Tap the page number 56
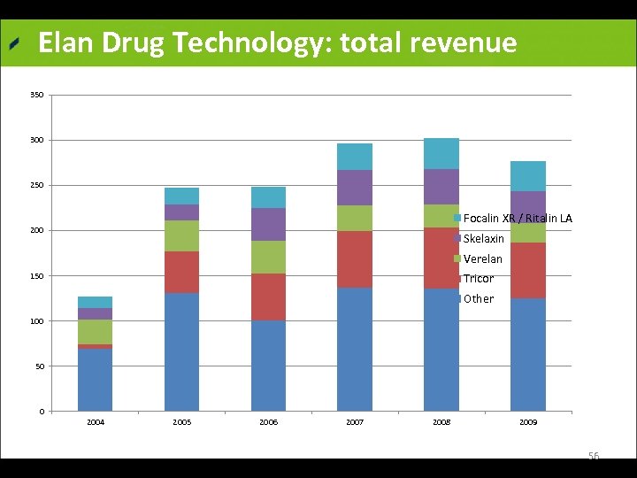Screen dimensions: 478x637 594,456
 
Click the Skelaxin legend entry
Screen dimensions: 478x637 483,239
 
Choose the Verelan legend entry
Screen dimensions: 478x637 482,259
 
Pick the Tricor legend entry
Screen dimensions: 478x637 478,279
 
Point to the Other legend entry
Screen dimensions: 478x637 478,299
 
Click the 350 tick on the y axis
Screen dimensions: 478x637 36,95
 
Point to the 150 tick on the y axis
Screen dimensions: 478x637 36,276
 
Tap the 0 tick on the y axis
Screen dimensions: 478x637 41,412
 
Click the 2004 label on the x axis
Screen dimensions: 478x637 96,423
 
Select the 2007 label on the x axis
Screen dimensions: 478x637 355,423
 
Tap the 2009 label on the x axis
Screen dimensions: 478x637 527,423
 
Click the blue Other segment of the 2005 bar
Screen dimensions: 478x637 181,351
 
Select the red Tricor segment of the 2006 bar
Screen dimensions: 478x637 268,297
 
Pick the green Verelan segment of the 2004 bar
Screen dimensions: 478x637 96,332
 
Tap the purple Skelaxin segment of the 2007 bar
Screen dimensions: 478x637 355,188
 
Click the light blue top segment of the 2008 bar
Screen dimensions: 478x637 441,153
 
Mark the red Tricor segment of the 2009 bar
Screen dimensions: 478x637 527,270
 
